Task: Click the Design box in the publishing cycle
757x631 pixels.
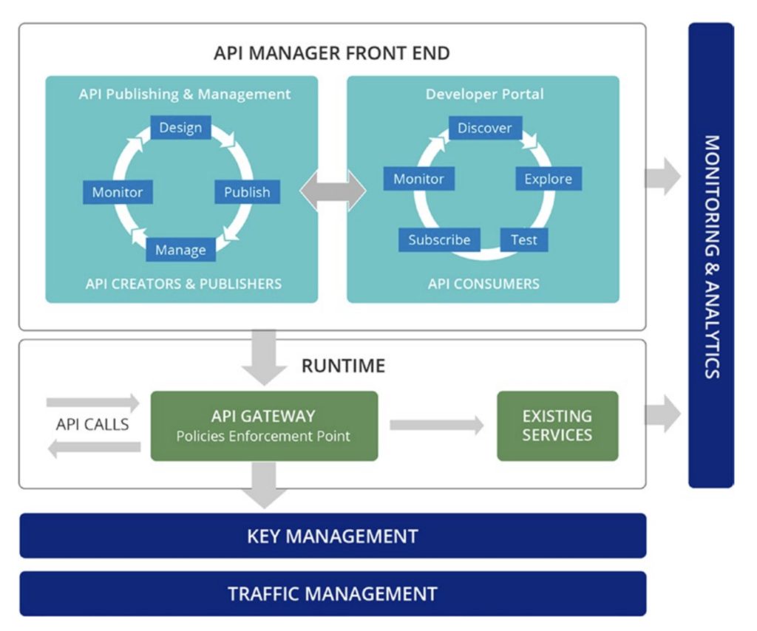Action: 180,128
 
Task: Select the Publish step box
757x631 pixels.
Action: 247,192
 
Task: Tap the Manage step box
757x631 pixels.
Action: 180,250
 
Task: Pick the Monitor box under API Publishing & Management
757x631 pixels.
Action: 118,192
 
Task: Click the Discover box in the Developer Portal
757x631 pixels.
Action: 484,128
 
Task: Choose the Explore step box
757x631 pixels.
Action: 548,179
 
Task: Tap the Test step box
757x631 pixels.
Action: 524,239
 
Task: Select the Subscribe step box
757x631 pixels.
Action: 439,239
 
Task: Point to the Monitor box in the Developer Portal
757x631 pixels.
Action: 418,179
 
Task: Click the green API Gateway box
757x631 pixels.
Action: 264,426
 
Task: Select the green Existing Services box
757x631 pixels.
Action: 557,426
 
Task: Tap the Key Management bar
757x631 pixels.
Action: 333,536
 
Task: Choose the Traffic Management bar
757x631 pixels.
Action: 333,593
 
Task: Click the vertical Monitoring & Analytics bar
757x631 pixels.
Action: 710,256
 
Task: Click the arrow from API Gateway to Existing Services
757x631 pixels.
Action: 436,425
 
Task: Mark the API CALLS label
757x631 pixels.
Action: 92,425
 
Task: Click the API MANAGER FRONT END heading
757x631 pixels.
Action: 332,53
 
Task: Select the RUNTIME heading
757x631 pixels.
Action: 343,365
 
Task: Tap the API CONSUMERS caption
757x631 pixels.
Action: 483,283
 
